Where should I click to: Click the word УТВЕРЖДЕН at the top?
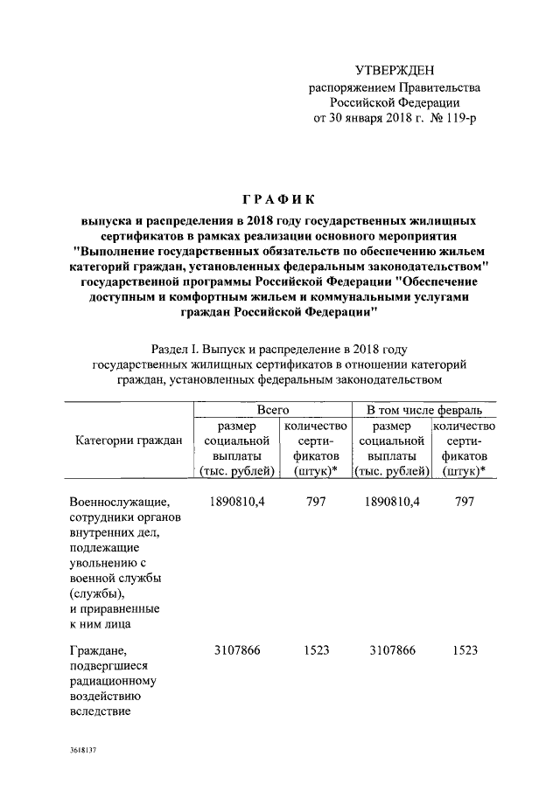(x=394, y=71)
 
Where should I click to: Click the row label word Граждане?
(x=97, y=651)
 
